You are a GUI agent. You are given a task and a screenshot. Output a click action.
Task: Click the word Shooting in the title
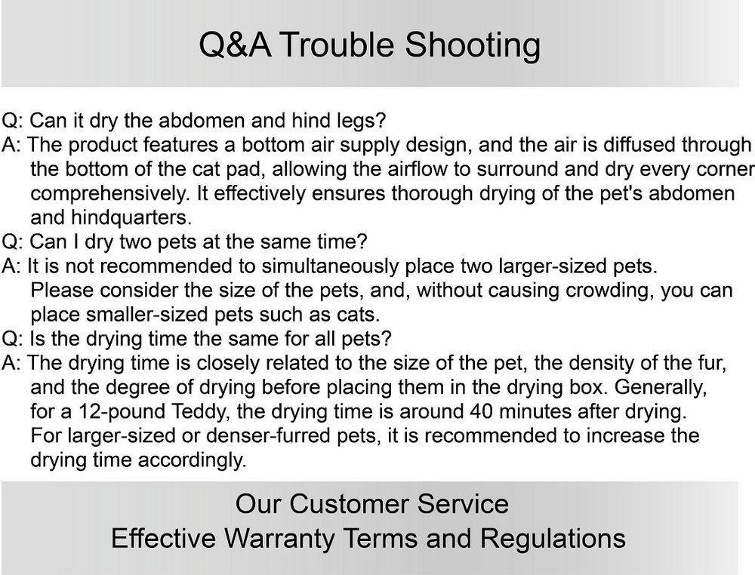472,46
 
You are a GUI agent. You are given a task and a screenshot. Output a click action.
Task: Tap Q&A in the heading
235,45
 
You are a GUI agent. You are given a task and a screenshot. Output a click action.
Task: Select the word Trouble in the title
337,45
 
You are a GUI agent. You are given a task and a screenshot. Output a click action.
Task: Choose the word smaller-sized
147,315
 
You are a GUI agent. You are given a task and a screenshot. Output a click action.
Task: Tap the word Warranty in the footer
279,539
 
